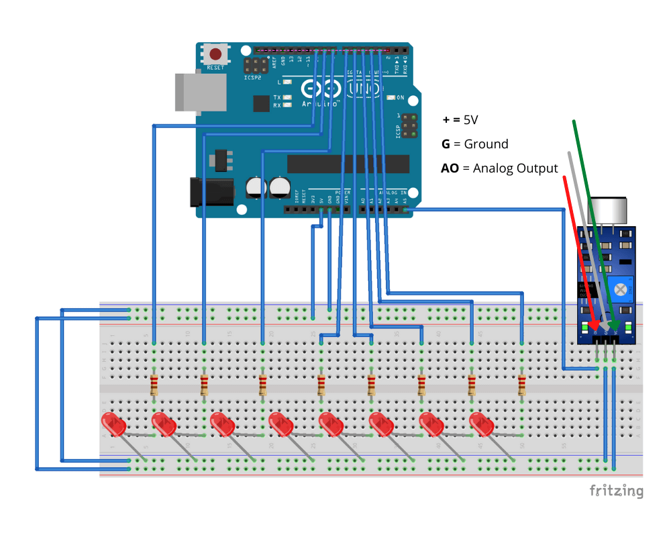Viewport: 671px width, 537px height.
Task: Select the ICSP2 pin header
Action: (x=255, y=65)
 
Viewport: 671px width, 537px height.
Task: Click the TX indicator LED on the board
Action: (x=287, y=97)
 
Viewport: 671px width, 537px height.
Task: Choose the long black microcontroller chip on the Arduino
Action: (x=348, y=164)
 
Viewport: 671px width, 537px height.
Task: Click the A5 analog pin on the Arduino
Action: (x=405, y=210)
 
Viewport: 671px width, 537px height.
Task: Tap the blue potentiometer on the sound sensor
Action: (x=621, y=289)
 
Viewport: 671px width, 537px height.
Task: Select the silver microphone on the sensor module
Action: (x=607, y=211)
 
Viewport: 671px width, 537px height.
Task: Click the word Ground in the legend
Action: (x=486, y=144)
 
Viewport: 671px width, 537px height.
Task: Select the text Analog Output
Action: (x=515, y=168)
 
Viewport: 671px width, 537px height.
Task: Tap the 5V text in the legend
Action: (x=470, y=119)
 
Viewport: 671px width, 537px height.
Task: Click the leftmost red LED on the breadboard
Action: (x=113, y=424)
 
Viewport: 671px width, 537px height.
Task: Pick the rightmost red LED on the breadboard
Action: (x=481, y=424)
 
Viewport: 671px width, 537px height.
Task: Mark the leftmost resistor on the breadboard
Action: (x=154, y=385)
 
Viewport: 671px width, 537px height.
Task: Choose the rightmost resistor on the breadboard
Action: (x=522, y=385)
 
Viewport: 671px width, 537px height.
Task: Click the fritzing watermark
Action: (x=616, y=491)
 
